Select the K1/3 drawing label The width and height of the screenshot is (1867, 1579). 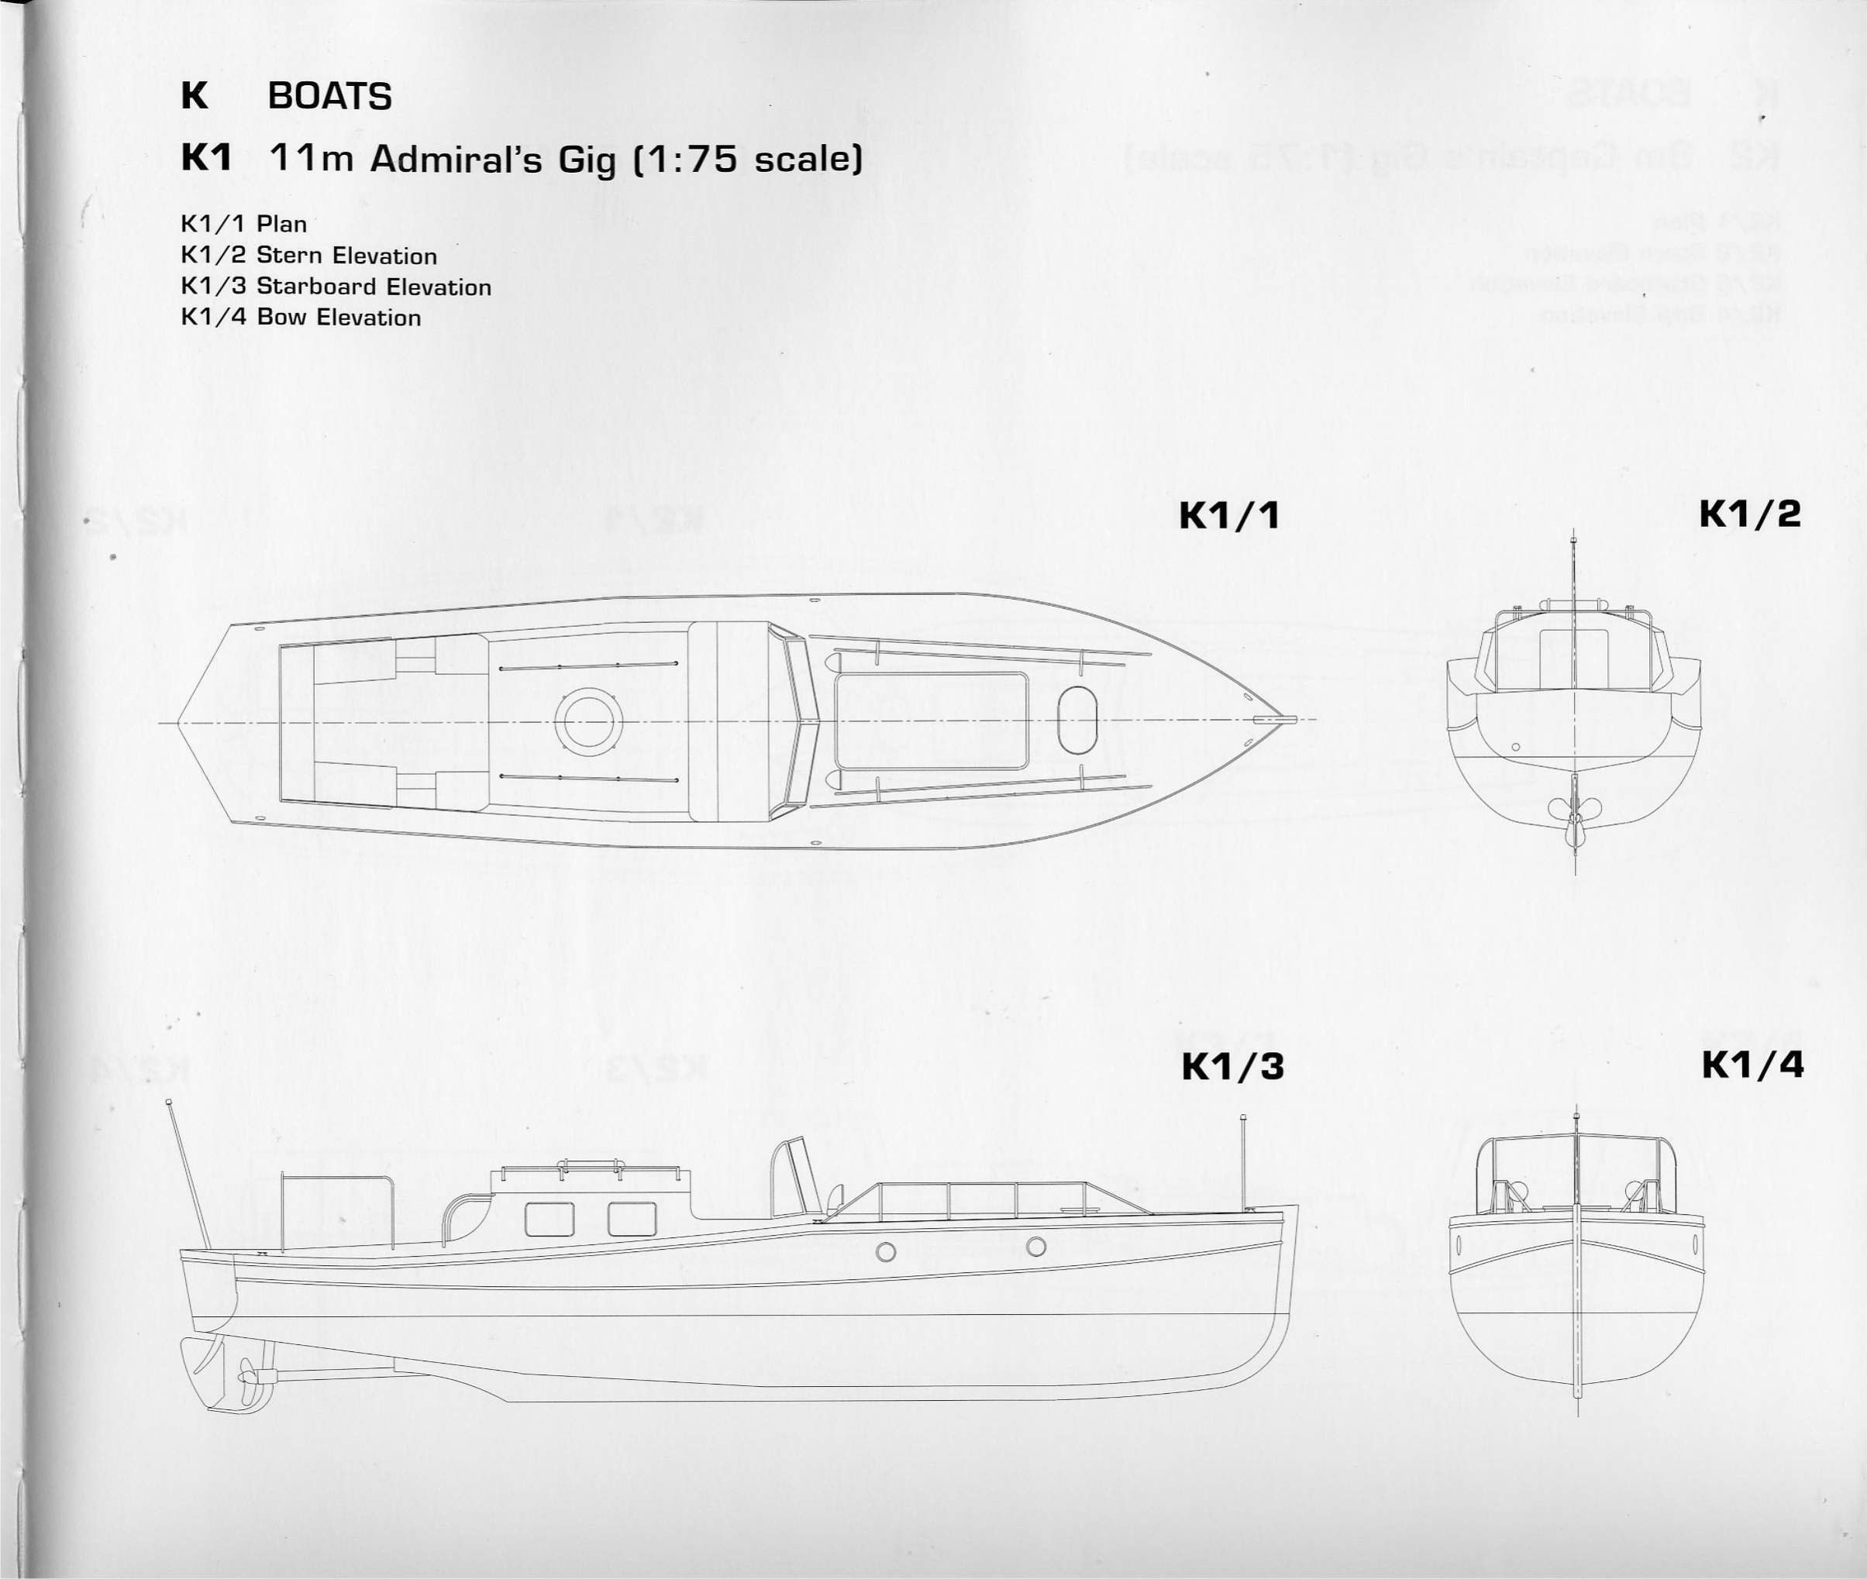(1232, 1067)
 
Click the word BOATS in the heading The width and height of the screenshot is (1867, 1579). (329, 97)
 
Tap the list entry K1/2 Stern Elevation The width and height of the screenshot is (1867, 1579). (309, 256)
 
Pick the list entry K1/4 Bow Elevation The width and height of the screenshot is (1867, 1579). (301, 318)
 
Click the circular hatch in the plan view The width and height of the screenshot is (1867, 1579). (588, 721)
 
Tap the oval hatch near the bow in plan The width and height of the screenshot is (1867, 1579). (1076, 720)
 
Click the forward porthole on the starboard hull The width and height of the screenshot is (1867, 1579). (1036, 1246)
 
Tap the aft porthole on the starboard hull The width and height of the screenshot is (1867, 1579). (886, 1252)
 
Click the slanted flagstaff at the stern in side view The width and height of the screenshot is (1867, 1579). (189, 1172)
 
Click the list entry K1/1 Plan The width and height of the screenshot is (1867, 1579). (243, 224)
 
